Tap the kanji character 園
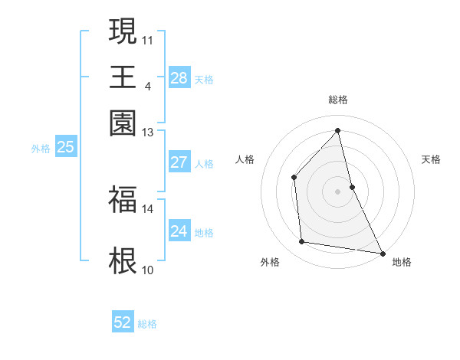pos(123,123)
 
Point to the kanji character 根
pos(123,260)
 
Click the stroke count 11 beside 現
pos(147,39)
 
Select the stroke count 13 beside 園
pos(147,133)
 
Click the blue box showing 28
pos(179,77)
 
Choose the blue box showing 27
pos(179,162)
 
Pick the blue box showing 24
pos(179,231)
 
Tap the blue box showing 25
pos(65,147)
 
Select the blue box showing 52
pos(122,323)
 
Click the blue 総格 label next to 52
pos(147,324)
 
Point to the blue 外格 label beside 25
pos(41,149)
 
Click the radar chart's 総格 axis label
pos(338,100)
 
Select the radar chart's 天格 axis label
pos(431,159)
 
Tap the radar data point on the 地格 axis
pos(382,253)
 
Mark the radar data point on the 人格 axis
pos(294,178)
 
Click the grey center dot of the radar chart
pos(338,191)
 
